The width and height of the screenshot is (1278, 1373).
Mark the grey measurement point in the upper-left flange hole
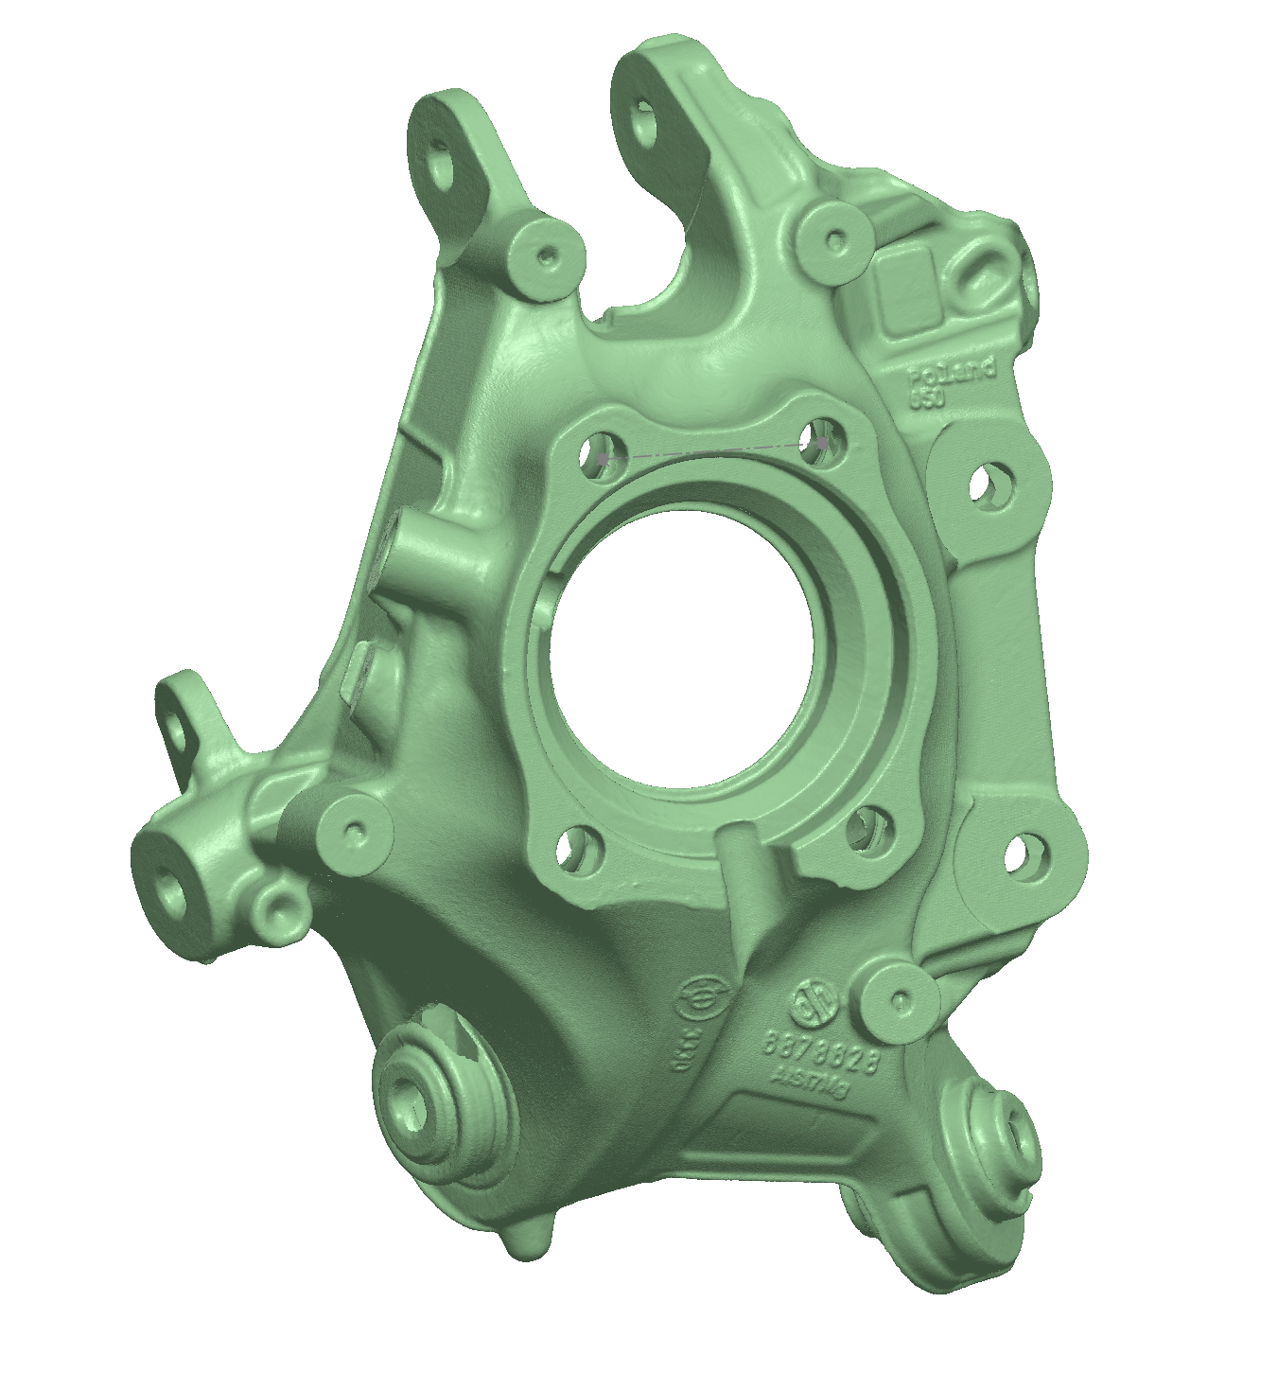[603, 459]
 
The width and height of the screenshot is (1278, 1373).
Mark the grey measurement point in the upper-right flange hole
[823, 442]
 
